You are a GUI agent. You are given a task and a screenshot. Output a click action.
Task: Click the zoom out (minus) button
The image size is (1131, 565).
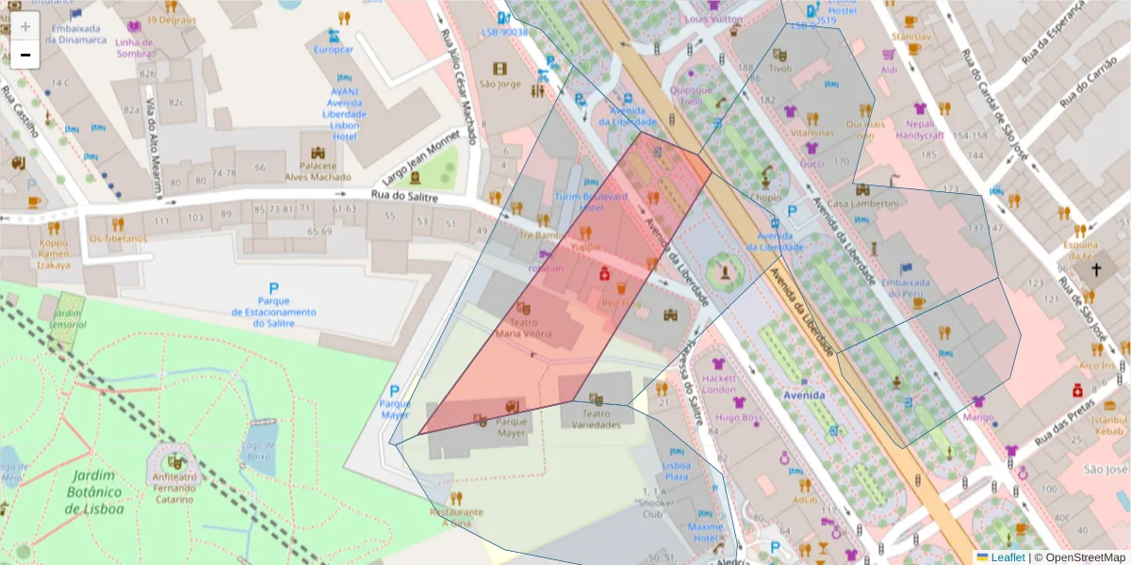point(25,55)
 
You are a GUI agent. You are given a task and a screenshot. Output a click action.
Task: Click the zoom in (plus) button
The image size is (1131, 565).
point(25,26)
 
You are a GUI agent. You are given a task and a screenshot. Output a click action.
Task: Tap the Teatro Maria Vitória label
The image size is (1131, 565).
point(523,327)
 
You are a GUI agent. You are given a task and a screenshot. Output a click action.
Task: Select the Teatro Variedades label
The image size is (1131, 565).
point(596,419)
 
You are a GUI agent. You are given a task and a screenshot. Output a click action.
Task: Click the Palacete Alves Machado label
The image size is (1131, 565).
point(318,171)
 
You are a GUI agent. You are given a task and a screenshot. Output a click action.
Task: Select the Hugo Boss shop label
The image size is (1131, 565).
point(738,416)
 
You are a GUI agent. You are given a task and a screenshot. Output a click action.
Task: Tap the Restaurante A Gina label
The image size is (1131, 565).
point(456,517)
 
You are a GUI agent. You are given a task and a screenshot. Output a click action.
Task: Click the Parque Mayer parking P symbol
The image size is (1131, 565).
point(395,391)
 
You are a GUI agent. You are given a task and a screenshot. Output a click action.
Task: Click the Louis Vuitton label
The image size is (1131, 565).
point(713,19)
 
